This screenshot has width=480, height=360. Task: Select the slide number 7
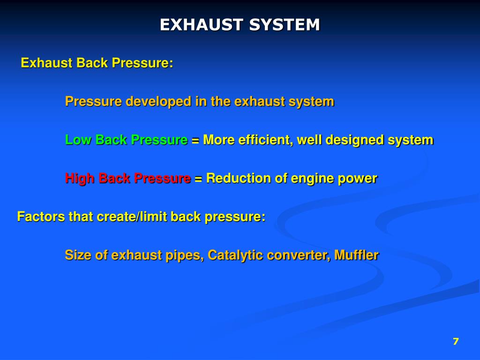pos(456,341)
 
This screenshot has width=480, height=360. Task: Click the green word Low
pos(78,140)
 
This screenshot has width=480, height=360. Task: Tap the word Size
pos(77,255)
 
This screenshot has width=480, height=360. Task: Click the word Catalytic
pos(233,255)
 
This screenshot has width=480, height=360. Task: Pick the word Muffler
pos(357,255)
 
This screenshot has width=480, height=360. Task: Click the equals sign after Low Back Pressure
pos(195,140)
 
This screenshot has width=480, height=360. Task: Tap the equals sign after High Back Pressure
pos(198,179)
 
